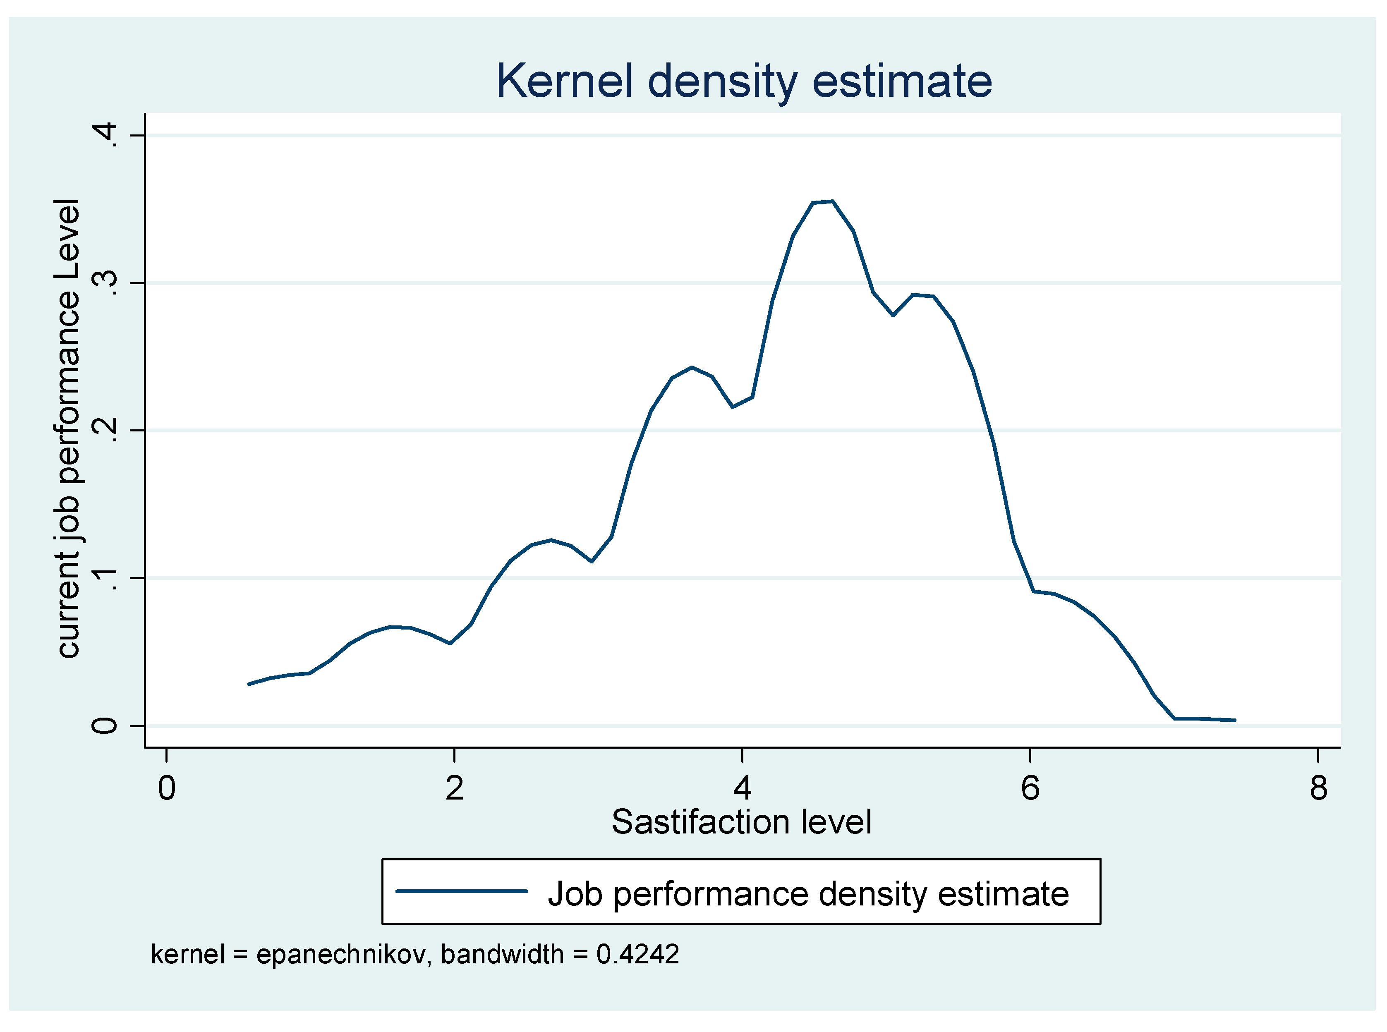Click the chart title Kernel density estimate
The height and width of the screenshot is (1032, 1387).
coord(743,81)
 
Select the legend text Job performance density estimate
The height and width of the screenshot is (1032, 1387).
coord(808,893)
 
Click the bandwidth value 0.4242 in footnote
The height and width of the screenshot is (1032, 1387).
coord(637,954)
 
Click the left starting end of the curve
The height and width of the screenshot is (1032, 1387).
coord(249,684)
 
